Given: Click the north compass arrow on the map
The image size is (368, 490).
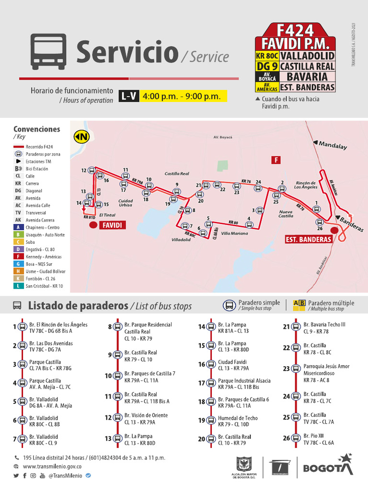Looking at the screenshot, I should tap(81, 137).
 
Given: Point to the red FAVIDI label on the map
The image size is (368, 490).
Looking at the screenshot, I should tap(112, 224).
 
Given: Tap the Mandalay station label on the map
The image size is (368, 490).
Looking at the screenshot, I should tap(332, 145).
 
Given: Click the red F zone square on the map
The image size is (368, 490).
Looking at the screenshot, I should tap(276, 160).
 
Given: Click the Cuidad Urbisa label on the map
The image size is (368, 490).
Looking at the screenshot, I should tap(126, 202).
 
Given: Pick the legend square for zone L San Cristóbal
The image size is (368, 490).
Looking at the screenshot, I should tap(18, 286).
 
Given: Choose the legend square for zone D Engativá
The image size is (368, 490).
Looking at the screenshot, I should tap(18, 249).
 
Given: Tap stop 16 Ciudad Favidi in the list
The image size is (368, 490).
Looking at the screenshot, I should tap(232, 364).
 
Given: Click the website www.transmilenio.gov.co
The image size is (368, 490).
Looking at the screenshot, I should tap(52, 467).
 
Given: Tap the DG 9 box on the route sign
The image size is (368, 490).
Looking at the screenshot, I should tap(267, 66).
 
